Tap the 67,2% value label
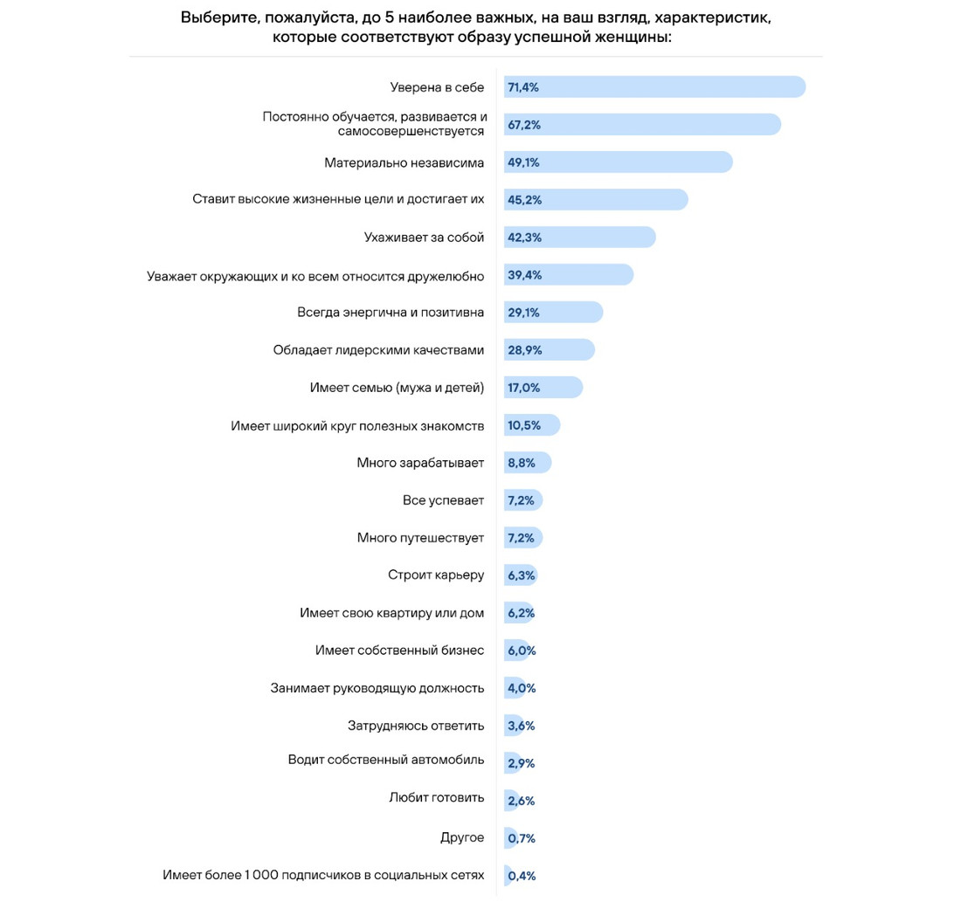click(524, 125)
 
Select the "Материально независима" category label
click(404, 162)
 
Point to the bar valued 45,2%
click(596, 200)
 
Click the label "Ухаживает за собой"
click(424, 238)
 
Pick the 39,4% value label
click(524, 275)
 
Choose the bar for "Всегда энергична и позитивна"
click(553, 313)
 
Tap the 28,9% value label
click(524, 350)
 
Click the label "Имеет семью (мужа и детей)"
click(397, 388)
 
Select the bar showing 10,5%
click(532, 425)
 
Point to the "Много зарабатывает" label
click(420, 463)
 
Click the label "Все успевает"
click(443, 500)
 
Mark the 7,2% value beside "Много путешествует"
click(521, 538)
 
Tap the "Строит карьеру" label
click(436, 575)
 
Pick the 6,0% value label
click(522, 651)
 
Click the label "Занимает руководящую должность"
click(377, 688)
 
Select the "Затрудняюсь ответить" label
click(416, 726)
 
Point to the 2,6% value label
click(521, 801)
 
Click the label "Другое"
click(462, 838)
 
